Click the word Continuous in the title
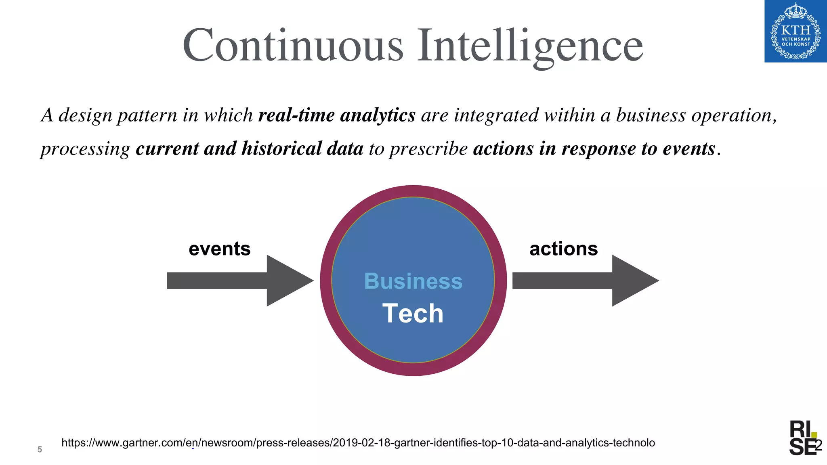click(x=293, y=45)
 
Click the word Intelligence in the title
click(x=530, y=45)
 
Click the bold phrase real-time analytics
click(x=337, y=115)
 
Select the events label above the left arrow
click(x=220, y=249)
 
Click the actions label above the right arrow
click(x=563, y=249)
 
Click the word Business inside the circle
click(x=413, y=281)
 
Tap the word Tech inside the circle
click(x=413, y=314)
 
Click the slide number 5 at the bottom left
click(x=40, y=449)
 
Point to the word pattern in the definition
click(x=147, y=116)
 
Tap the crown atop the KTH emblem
click(x=796, y=11)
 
